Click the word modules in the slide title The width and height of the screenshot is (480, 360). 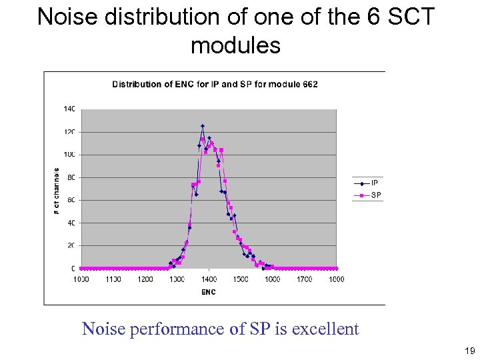coord(235,45)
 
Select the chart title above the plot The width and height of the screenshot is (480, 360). coord(215,84)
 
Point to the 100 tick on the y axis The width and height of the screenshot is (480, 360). coord(69,155)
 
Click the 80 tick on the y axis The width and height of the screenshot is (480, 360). coord(70,177)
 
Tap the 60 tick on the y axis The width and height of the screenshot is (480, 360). coord(70,200)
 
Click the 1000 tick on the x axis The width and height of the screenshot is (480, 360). coord(81,279)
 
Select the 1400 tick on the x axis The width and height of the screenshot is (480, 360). coord(209,279)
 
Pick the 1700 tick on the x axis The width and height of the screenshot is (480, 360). coord(305,279)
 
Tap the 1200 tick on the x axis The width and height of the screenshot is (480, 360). coord(145,279)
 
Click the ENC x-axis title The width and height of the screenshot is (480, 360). coord(209,292)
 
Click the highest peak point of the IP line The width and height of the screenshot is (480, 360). coord(202,125)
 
